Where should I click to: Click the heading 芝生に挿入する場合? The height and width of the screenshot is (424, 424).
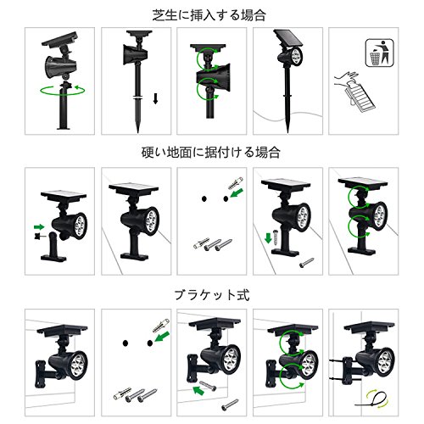(209, 15)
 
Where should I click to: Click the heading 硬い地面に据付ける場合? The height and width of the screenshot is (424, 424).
(211, 153)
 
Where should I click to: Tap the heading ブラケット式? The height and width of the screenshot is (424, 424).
(212, 295)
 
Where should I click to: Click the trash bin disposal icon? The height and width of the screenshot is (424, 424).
(379, 53)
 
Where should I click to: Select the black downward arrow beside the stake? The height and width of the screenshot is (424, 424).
(155, 98)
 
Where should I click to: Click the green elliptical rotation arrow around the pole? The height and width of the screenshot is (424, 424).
(63, 91)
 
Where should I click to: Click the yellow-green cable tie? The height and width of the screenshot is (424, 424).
(372, 399)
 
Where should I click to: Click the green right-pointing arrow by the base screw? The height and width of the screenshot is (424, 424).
(39, 226)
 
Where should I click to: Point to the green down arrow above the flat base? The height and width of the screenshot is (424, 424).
(268, 237)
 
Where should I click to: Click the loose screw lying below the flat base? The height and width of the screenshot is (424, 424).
(307, 262)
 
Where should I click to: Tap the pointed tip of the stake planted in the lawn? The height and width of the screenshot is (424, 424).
(287, 132)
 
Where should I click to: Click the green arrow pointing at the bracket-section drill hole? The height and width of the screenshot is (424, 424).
(162, 337)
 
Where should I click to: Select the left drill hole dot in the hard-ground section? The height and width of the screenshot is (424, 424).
(204, 198)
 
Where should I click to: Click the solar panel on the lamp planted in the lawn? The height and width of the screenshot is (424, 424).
(287, 38)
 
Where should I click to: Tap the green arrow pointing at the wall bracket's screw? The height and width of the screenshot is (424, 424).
(198, 390)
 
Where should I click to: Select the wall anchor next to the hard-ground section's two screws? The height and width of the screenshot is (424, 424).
(201, 243)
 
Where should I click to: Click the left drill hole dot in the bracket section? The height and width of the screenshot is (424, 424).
(126, 343)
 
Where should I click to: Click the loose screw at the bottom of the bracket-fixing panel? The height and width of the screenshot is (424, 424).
(230, 404)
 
